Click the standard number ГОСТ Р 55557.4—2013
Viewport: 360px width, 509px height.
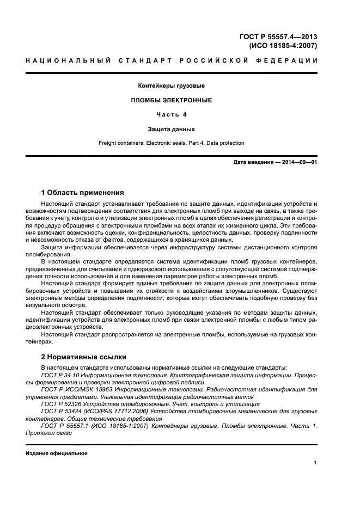278,37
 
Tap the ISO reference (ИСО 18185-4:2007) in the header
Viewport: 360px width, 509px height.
282,46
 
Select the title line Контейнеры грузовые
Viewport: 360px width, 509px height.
172,86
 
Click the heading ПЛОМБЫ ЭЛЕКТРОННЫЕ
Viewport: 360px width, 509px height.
172,101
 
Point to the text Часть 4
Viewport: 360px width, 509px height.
172,115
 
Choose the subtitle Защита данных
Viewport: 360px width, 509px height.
172,129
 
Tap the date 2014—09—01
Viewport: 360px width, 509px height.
298,162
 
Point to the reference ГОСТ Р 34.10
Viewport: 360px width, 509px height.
60,375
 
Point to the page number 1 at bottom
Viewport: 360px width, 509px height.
315,463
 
